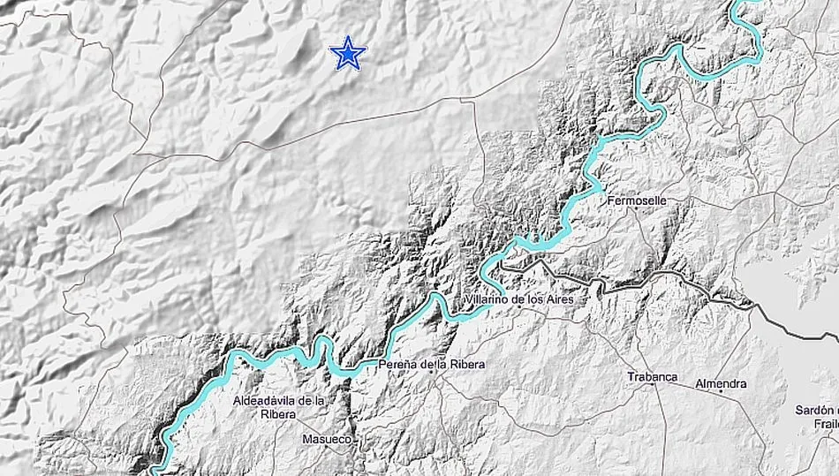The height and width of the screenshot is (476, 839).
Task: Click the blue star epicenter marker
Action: (x=348, y=54)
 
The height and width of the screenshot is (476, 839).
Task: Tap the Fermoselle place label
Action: (x=638, y=200)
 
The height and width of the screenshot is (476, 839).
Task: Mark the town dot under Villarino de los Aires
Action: (x=518, y=314)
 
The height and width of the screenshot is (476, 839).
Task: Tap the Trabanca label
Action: (x=652, y=377)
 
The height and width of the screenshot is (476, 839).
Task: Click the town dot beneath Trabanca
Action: (x=653, y=389)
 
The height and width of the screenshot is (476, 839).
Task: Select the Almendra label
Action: (x=721, y=383)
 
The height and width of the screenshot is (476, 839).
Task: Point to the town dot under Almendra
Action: (x=721, y=395)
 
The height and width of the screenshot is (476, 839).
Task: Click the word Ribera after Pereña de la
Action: (x=467, y=364)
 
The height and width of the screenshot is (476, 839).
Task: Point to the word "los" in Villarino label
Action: (x=533, y=301)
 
